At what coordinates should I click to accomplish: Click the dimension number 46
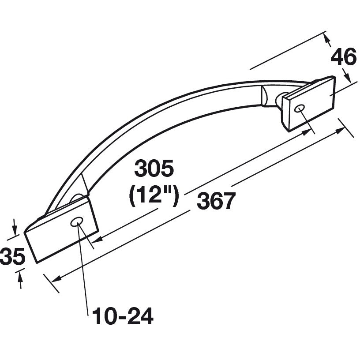[343, 57]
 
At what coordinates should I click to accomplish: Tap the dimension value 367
[214, 202]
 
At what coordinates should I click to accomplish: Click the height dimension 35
[12, 257]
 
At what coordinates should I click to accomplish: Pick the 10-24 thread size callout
[122, 316]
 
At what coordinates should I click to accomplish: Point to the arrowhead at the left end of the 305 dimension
[95, 240]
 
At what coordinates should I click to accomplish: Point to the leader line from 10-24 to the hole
[83, 269]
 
